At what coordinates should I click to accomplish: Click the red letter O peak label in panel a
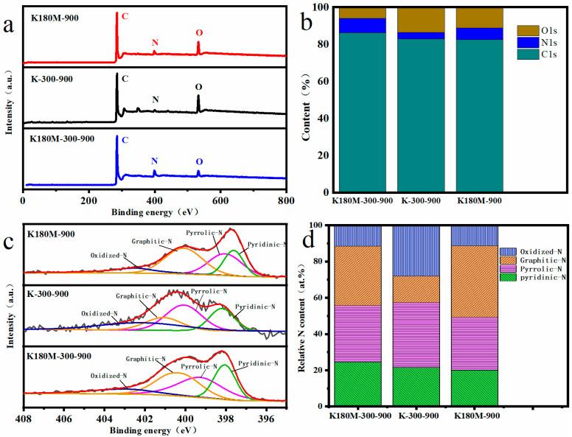(198, 33)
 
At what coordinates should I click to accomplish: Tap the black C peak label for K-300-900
(125, 77)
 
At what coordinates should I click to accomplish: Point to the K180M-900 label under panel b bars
(480, 200)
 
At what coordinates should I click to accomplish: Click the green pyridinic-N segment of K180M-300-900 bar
(357, 383)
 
